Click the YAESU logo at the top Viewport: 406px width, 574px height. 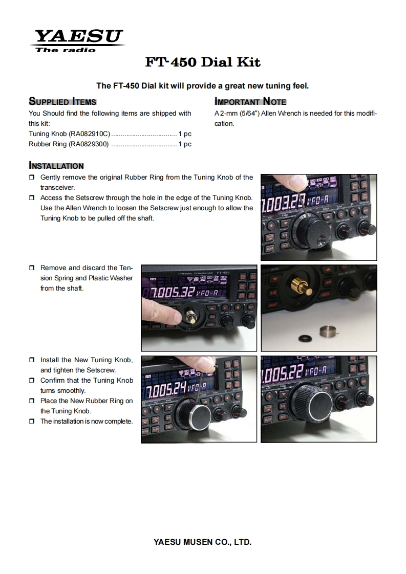(78, 37)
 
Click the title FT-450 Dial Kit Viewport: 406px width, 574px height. (203, 62)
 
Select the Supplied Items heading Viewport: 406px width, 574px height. (62, 101)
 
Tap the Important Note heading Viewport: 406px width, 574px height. (250, 101)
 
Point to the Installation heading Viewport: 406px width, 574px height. (56, 166)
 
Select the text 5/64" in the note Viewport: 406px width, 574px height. (250, 114)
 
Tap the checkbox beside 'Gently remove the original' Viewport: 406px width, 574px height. (32, 178)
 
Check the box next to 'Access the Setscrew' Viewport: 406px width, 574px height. (32, 198)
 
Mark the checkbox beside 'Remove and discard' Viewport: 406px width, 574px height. (32, 268)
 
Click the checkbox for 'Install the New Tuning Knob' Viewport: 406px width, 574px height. (32, 360)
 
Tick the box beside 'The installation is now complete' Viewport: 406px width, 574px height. (32, 422)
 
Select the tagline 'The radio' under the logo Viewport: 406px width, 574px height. (66, 50)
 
